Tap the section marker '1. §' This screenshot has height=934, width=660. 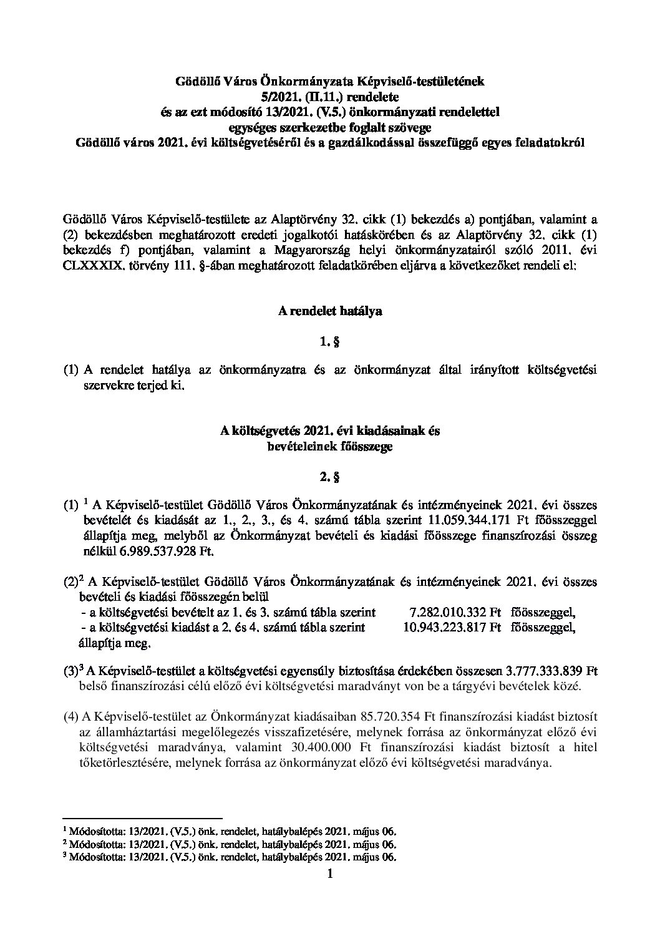329,342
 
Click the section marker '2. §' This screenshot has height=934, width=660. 329,478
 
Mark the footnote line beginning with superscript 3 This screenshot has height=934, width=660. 230,857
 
